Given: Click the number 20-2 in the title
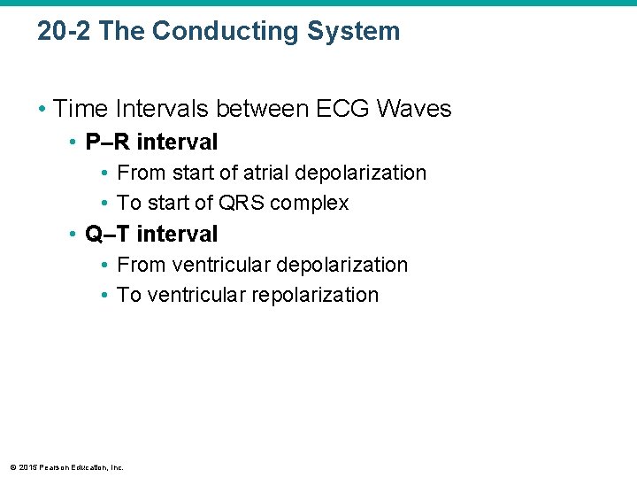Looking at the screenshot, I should [65, 31].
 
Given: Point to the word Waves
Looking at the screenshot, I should [414, 109].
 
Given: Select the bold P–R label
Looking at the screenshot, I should [107, 142].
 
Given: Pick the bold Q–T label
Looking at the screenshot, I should [107, 234].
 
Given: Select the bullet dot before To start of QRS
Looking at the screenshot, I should [105, 204].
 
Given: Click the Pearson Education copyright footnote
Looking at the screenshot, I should [67, 467].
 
